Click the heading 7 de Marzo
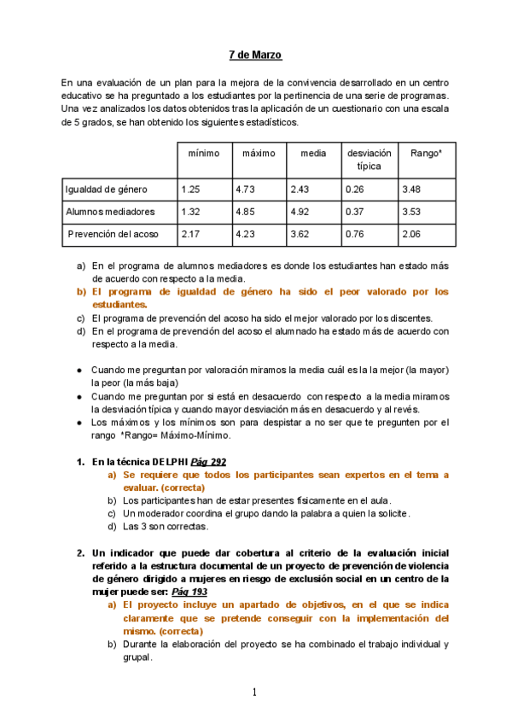pos(255,55)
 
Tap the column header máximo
pos(259,153)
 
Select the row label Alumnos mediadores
pos(110,211)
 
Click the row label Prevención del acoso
pos(113,233)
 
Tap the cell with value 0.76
pos(356,233)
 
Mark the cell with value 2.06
pos(412,233)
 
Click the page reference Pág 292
pos(208,461)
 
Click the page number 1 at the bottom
pos(255,692)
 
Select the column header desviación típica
pos(369,159)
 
